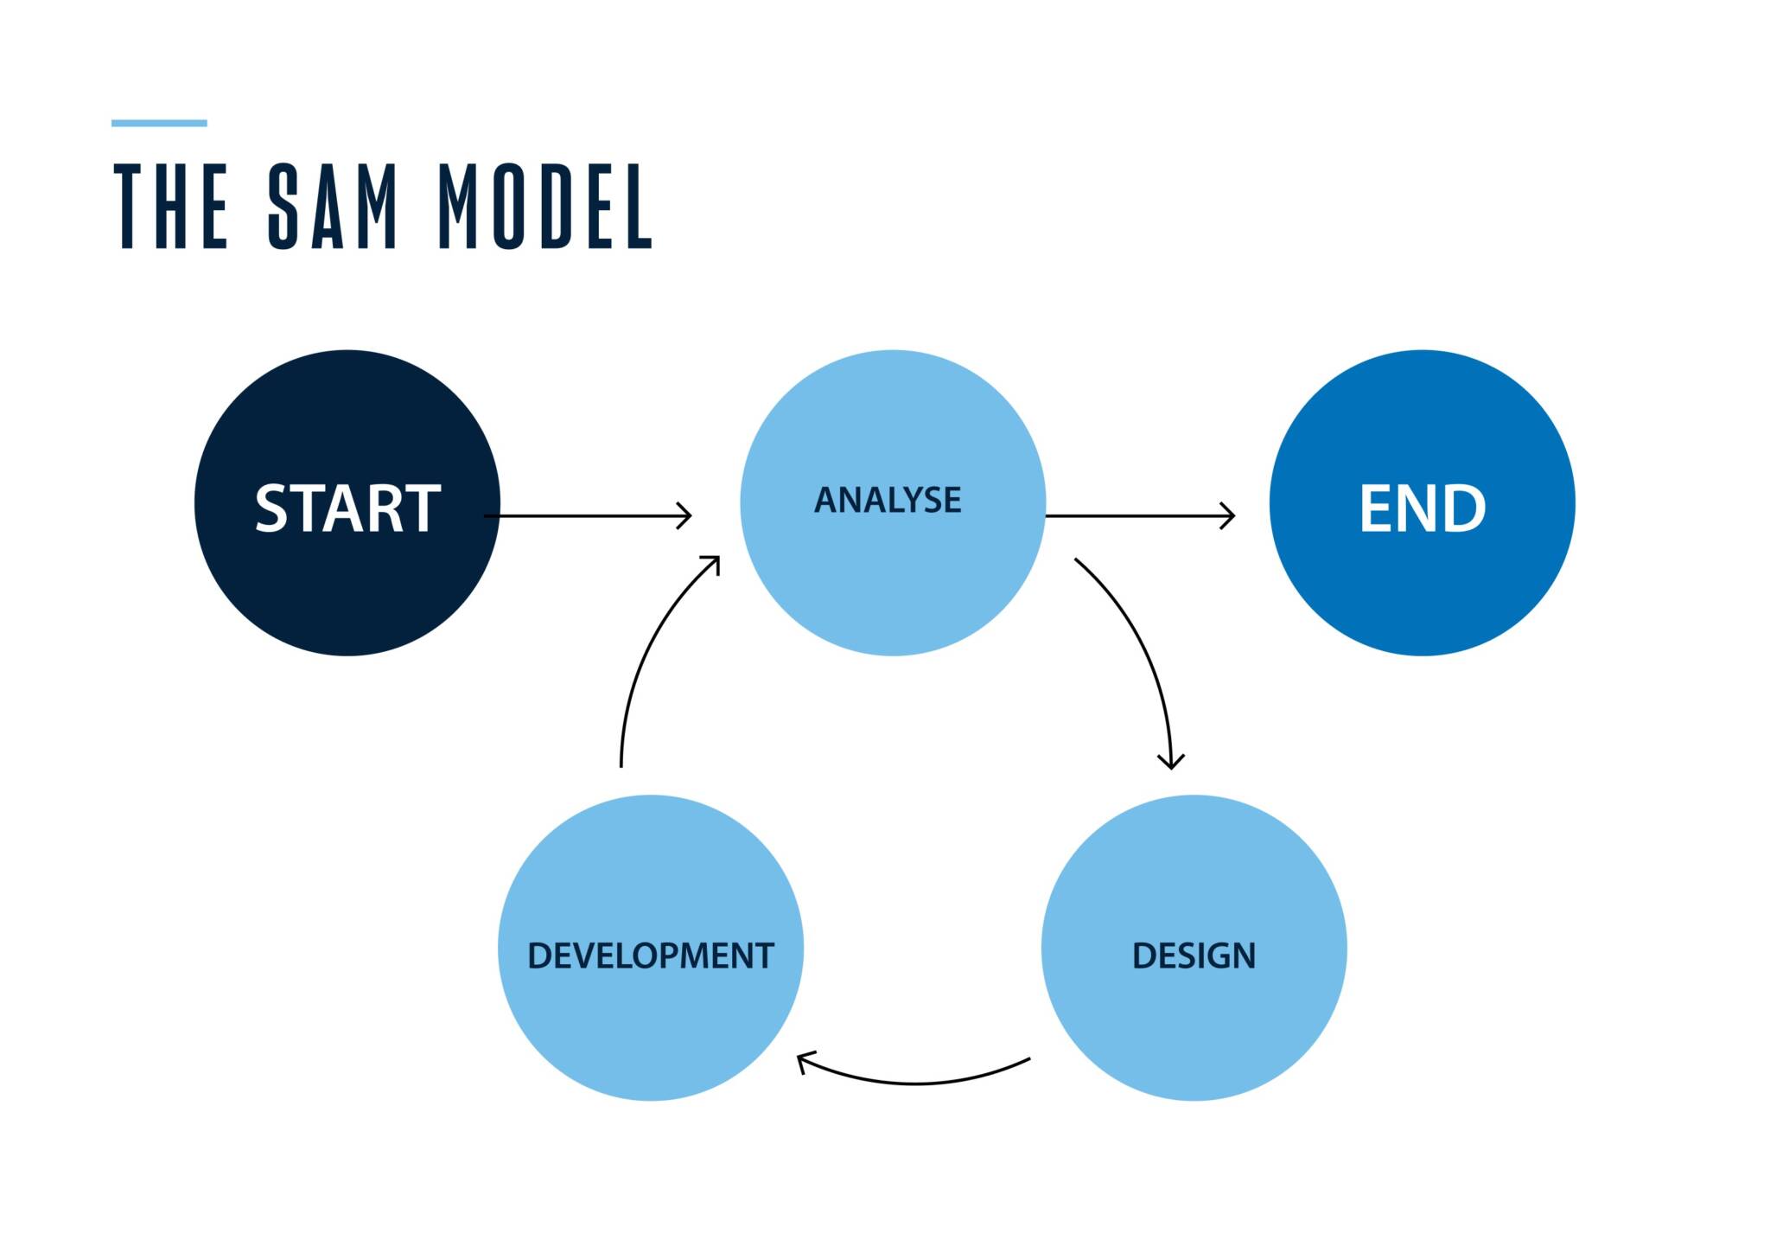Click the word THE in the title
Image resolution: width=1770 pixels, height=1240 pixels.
pos(170,206)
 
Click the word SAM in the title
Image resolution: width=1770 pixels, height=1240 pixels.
pos(333,206)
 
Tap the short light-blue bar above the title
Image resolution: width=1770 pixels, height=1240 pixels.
pos(159,123)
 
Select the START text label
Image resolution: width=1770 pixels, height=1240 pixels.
pos(347,508)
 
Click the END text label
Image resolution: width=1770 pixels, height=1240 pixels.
pos(1422,508)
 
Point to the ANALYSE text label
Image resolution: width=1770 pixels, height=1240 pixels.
pos(888,501)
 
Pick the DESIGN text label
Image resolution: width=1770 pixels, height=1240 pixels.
pos(1194,956)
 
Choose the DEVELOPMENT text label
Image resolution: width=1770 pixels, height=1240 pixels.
pos(650,956)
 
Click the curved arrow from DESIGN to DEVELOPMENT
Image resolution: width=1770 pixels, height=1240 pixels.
pos(916,1083)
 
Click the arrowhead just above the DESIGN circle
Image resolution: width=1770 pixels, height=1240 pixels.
pos(1171,762)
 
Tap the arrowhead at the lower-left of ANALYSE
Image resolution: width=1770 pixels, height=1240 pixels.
pos(713,563)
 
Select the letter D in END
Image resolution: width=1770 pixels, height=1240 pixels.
pos(1461,508)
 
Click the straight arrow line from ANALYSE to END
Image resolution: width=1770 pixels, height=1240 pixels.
pos(1132,515)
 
